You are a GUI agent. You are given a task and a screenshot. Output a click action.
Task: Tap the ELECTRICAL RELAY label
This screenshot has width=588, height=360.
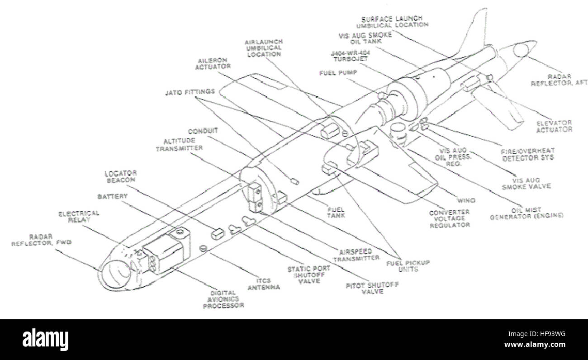tap(79, 216)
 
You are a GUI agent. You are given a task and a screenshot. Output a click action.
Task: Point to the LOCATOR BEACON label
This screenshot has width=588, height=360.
tap(121, 176)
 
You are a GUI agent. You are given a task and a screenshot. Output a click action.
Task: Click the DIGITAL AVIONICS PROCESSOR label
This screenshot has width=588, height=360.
tap(223, 299)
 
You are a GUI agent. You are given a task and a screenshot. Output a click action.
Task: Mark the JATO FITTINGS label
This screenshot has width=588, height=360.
tap(190, 91)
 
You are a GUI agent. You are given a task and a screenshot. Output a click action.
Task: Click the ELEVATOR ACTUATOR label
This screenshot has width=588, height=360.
tap(554, 126)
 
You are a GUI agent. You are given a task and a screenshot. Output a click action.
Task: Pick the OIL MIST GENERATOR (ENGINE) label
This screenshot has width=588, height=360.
tap(527, 213)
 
